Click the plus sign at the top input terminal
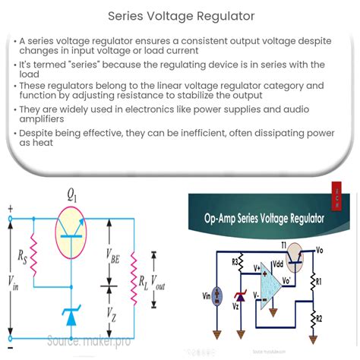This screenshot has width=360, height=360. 10,206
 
